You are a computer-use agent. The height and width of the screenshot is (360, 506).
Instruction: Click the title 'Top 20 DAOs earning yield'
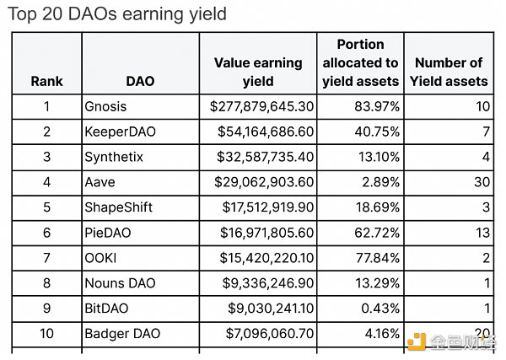click(x=117, y=14)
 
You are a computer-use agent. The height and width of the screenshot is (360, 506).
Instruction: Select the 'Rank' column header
click(x=46, y=82)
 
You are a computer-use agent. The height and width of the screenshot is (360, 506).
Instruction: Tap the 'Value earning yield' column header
click(x=257, y=72)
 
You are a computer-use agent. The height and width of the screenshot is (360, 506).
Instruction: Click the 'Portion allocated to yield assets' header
click(x=360, y=62)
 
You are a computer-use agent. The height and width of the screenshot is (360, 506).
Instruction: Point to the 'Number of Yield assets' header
click(x=449, y=72)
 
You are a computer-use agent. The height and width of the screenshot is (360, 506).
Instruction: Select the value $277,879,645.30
click(x=261, y=106)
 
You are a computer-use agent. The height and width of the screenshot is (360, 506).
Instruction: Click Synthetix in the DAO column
click(x=114, y=157)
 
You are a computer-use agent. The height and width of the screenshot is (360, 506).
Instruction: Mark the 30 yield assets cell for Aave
click(x=480, y=182)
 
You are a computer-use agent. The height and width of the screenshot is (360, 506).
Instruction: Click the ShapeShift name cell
click(x=118, y=207)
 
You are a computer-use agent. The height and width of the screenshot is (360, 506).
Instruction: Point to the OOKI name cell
click(x=100, y=258)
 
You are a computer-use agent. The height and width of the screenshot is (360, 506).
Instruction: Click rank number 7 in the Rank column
click(x=46, y=258)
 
